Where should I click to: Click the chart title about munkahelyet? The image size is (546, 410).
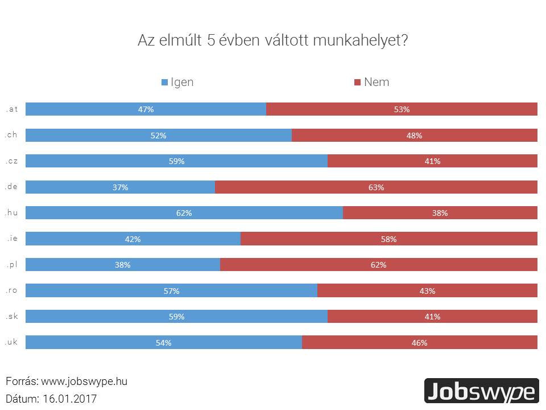[x=273, y=42]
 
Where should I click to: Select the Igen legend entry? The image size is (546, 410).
[x=177, y=82]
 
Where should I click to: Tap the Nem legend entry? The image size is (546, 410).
[x=371, y=82]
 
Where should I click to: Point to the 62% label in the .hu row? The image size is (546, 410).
[x=184, y=213]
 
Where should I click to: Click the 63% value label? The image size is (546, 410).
[x=376, y=187]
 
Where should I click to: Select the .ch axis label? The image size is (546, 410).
[x=11, y=135]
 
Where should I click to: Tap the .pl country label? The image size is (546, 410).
[x=12, y=265]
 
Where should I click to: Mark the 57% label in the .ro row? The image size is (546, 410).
[x=171, y=291]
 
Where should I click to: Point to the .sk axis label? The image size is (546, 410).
[x=12, y=317]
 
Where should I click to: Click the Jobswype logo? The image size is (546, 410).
[x=481, y=391]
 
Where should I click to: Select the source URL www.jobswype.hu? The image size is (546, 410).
[x=84, y=382]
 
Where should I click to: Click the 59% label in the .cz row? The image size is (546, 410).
[x=176, y=161]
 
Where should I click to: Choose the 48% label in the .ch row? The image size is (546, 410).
[x=414, y=136]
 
